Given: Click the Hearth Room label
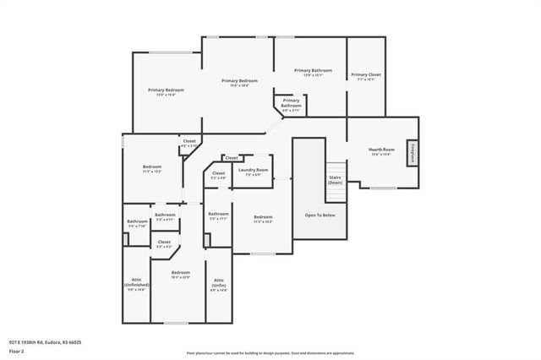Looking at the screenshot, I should tap(380, 149).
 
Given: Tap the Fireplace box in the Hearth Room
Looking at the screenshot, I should tap(413, 152).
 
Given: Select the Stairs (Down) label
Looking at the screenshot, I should tap(336, 180).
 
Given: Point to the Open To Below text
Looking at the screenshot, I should tap(320, 215).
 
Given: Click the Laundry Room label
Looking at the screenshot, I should tap(253, 170).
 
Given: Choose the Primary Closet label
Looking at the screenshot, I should tap(366, 74).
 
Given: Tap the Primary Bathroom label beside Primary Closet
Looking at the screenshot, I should tap(313, 70).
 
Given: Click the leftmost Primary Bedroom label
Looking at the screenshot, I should tap(166, 90).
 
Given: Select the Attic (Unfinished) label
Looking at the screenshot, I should tap(137, 282).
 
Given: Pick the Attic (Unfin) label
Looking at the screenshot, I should tap(219, 282).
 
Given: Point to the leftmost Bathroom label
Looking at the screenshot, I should tap(137, 221).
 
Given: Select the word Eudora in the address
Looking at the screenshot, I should tap(52, 341).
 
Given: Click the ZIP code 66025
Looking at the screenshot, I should tap(74, 341).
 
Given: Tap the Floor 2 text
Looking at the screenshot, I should tap(16, 350).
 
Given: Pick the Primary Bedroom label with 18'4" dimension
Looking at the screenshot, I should tap(239, 81).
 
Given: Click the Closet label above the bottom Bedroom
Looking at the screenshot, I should tap(164, 243).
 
